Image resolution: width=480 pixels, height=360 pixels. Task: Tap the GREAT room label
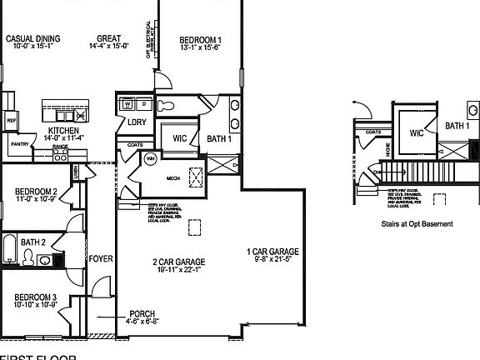[109, 38]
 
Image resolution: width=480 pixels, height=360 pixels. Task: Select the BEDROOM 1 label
[201, 40]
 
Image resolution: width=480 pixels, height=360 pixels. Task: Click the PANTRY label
[19, 143]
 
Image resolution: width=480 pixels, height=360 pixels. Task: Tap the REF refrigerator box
[11, 120]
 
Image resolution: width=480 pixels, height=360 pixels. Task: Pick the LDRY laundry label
[137, 122]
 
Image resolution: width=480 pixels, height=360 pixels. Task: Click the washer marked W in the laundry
[127, 105]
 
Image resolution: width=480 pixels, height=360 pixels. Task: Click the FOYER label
[101, 258]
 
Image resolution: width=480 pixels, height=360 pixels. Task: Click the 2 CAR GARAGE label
[178, 262]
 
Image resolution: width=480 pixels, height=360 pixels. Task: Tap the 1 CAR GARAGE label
[272, 252]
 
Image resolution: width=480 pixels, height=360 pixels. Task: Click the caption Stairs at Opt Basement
[417, 223]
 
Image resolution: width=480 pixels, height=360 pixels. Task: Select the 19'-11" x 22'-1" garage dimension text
[178, 270]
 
